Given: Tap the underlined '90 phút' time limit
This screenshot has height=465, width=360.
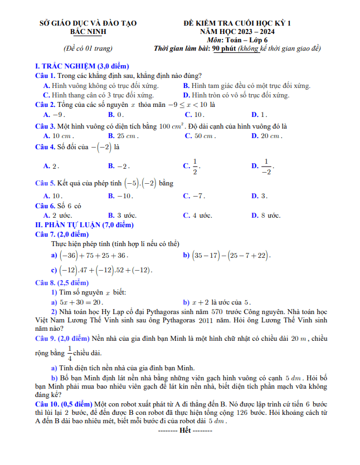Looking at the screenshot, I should tap(224, 48).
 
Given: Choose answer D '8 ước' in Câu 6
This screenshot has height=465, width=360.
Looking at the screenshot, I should tap(266, 216).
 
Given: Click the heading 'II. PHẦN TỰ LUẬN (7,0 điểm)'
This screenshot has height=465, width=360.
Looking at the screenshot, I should tap(85, 224).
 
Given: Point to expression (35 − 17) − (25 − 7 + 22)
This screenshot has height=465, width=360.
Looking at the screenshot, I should tap(231, 256).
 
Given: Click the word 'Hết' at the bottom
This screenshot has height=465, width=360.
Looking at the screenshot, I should tap(185, 430).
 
